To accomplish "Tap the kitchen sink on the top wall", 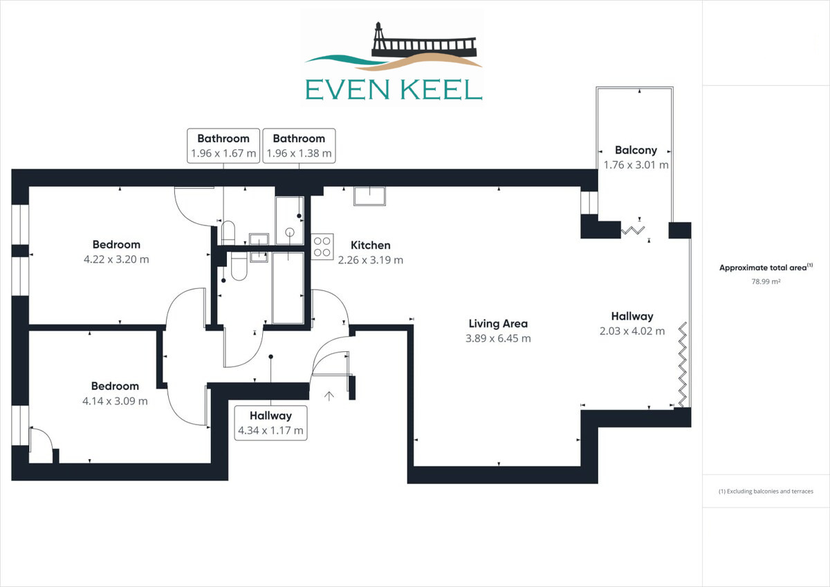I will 370,196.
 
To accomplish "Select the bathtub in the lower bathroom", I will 288,288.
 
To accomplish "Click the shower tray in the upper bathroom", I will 289,221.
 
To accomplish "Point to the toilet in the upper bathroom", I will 229,230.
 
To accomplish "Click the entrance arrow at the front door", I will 329,396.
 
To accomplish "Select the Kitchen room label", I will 371,245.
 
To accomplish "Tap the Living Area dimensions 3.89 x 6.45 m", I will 498,338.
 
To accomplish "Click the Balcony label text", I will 636,150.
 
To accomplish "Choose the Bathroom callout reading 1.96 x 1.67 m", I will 223,145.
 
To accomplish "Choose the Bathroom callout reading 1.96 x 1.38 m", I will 299,145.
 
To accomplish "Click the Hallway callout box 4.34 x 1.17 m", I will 270,422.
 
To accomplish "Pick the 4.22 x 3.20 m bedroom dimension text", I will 116,259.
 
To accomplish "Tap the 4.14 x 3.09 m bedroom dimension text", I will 115,400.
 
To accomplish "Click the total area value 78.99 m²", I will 766,281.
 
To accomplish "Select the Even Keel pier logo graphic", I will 394,61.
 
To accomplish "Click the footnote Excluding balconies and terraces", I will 766,492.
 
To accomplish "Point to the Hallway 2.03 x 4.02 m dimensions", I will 631,331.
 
